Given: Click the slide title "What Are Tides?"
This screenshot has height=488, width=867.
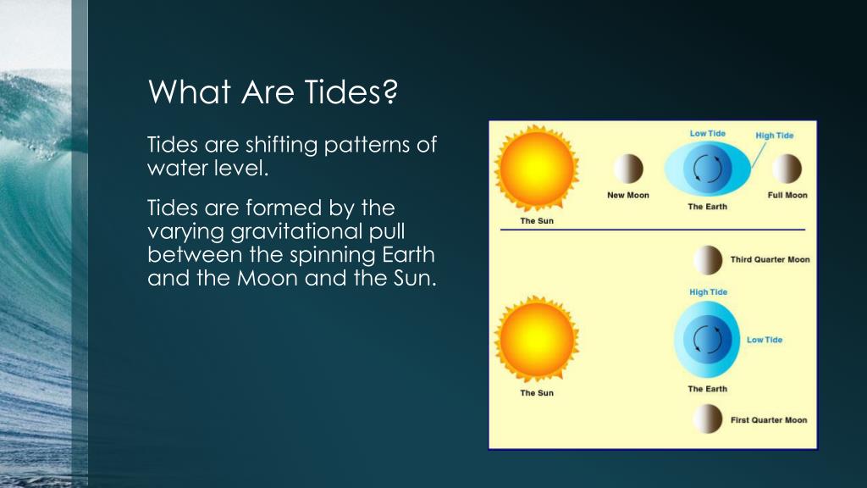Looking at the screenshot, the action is tap(273, 91).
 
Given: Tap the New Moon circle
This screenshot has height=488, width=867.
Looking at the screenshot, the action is tap(628, 169).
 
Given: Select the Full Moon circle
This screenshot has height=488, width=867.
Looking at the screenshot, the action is tap(787, 169).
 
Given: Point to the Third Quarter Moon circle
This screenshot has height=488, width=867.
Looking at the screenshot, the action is tap(708, 260).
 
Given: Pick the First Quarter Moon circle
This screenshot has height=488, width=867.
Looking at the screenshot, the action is tap(708, 419).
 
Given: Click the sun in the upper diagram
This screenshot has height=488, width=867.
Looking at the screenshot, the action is tap(536, 169).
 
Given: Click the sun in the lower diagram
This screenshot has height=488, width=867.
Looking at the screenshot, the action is tap(536, 339).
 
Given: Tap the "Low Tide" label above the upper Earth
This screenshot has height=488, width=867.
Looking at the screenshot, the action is tap(707, 133).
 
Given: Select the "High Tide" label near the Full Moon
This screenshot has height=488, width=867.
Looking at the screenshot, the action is tap(774, 136).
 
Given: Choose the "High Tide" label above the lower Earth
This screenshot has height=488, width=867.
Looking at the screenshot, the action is tap(709, 292).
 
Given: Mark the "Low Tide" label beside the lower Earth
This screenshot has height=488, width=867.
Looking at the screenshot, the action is tap(765, 340).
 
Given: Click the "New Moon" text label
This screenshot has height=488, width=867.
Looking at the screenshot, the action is tap(628, 196).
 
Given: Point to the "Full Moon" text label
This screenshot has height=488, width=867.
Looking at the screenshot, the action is tap(787, 196).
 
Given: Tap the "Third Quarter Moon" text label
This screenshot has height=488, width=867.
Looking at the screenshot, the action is tap(770, 259).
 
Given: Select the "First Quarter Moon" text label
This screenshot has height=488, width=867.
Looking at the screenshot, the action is tap(769, 420).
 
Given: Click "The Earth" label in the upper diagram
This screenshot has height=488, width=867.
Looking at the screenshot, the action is tap(707, 207).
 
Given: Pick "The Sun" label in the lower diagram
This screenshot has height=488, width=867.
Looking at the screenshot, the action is tap(536, 393).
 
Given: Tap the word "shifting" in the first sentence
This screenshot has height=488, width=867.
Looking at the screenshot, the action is tap(281, 146).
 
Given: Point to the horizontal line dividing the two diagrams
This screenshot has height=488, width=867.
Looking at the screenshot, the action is tap(653, 229).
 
